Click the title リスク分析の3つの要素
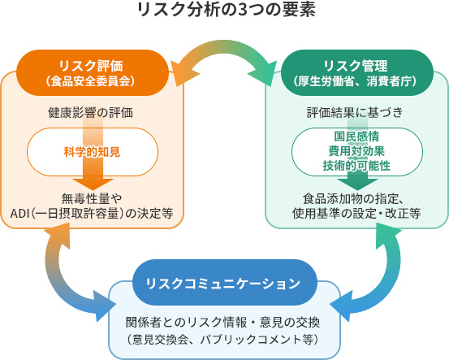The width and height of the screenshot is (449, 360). pyautogui.click(x=227, y=10)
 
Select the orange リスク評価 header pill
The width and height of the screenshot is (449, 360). pyautogui.click(x=93, y=73)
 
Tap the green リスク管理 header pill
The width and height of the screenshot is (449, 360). pyautogui.click(x=356, y=73)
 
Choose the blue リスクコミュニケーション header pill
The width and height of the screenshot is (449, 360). pyautogui.click(x=224, y=283)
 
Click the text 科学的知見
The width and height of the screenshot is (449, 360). pyautogui.click(x=92, y=152)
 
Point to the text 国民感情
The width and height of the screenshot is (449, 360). pyautogui.click(x=356, y=137)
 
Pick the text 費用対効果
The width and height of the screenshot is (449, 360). pyautogui.click(x=356, y=151)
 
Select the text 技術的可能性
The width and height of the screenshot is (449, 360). pyautogui.click(x=356, y=166)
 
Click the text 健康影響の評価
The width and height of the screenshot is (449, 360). pyautogui.click(x=90, y=113)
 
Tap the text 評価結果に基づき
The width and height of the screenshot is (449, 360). pyautogui.click(x=355, y=112)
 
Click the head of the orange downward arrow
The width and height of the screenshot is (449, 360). pyautogui.click(x=93, y=184)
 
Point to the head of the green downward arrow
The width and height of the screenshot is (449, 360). pyautogui.click(x=357, y=184)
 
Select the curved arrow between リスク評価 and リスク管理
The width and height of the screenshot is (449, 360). pyautogui.click(x=224, y=46)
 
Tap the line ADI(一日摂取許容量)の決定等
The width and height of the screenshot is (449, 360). pyautogui.click(x=92, y=213)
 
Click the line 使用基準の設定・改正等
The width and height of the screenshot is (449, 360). pyautogui.click(x=356, y=213)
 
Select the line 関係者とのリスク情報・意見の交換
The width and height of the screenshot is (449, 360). pyautogui.click(x=222, y=322)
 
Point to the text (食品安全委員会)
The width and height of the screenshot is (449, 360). pyautogui.click(x=90, y=81)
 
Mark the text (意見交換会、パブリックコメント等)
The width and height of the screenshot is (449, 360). pyautogui.click(x=222, y=340)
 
